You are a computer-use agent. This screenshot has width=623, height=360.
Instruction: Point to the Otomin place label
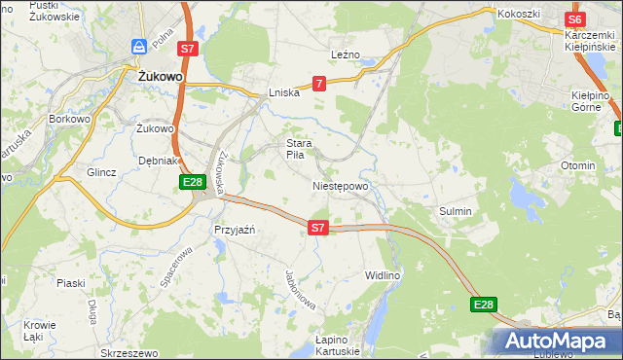[577, 165]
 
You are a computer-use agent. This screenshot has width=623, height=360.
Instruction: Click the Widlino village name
[382, 275]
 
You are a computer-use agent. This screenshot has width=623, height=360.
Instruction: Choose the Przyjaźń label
[234, 230]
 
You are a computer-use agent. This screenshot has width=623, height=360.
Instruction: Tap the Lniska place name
[283, 93]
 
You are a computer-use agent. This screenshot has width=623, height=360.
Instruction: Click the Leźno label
[346, 54]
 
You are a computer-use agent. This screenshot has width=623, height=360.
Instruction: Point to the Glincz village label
[101, 172]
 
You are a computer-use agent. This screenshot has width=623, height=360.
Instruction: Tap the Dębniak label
[157, 160]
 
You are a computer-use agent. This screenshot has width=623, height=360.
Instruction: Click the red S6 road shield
[574, 18]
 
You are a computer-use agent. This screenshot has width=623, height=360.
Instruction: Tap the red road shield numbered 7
[319, 86]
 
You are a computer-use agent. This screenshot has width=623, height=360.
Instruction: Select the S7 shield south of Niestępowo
[317, 228]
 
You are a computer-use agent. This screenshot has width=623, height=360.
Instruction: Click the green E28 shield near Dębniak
[192, 182]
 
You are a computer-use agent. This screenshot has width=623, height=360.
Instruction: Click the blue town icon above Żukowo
[140, 47]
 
